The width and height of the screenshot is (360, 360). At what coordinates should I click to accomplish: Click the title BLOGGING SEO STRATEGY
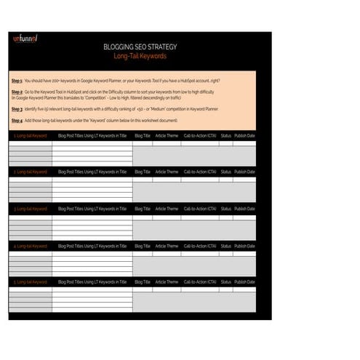[x=140, y=47]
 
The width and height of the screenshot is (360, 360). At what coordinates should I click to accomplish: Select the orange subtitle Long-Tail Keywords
[x=140, y=56]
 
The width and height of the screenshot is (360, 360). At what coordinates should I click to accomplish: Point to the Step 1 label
[x=17, y=80]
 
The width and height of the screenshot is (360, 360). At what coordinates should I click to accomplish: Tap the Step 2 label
[x=17, y=92]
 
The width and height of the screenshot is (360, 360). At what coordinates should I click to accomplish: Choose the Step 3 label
[x=17, y=108]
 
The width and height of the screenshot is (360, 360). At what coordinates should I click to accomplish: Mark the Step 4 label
[x=17, y=120]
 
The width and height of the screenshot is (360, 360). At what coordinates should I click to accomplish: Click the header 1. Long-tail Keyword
[x=30, y=135]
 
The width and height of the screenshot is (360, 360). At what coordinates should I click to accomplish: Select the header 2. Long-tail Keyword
[x=30, y=172]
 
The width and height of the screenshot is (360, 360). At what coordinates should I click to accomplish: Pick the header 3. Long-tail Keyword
[x=30, y=209]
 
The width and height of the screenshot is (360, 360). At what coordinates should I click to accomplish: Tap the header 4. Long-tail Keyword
[x=30, y=246]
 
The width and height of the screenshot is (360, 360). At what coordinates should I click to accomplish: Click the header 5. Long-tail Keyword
[x=30, y=281]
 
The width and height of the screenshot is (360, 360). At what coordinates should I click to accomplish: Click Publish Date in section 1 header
[x=244, y=135]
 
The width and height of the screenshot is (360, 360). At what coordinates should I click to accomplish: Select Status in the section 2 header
[x=225, y=172]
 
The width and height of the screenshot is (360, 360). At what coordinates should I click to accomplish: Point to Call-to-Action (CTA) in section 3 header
[x=199, y=209]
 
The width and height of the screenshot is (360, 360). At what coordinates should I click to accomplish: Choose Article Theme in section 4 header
[x=167, y=246]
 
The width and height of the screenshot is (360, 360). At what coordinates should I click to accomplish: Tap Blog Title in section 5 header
[x=143, y=281]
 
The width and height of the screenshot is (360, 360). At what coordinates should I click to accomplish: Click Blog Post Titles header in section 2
[x=92, y=172]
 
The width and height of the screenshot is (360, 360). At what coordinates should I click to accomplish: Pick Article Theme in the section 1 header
[x=167, y=135]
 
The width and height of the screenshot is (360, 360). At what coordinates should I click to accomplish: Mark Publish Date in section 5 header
[x=244, y=281]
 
